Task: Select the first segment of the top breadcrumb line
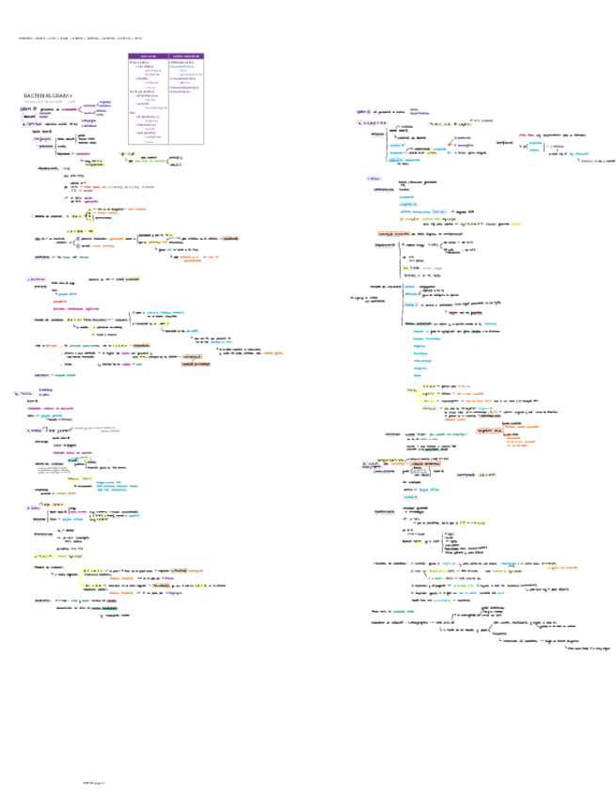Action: tap(25, 39)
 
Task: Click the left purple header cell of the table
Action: tap(147, 56)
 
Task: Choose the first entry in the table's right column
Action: tap(184, 63)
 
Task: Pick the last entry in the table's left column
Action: tap(149, 141)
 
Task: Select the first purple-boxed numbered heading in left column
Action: tap(37, 279)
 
